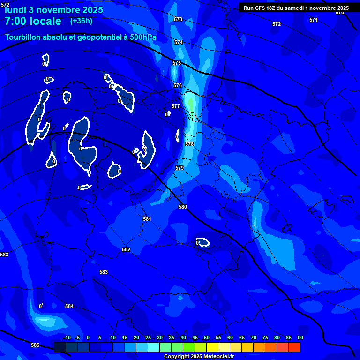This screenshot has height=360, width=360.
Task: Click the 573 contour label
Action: coord(178,19)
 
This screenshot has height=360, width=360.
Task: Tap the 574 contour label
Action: coord(179,42)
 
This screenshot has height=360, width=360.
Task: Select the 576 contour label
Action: coord(178,85)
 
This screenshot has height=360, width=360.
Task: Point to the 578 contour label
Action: coord(189,144)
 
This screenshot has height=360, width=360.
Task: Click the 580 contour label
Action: coord(183,207)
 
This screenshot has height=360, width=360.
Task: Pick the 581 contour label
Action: coord(147,219)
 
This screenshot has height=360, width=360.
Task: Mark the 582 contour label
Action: coord(126,249)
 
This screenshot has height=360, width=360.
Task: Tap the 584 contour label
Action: coord(69,306)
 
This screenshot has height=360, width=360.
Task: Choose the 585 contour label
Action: coord(35,345)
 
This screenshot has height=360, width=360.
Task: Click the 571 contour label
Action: coord(314,20)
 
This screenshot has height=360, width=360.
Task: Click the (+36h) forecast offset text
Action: coord(81,21)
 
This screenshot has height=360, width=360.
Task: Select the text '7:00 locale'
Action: coord(33,21)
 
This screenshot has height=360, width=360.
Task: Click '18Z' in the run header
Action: coord(272,8)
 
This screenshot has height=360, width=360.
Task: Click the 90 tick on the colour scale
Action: coord(300,337)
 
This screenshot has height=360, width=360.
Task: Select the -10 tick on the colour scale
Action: coord(67,337)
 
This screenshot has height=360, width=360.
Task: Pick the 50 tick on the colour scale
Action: coord(207,337)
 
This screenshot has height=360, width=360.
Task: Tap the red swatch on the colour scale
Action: coord(294,347)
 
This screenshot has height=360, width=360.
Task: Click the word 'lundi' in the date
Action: coord(15,9)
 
